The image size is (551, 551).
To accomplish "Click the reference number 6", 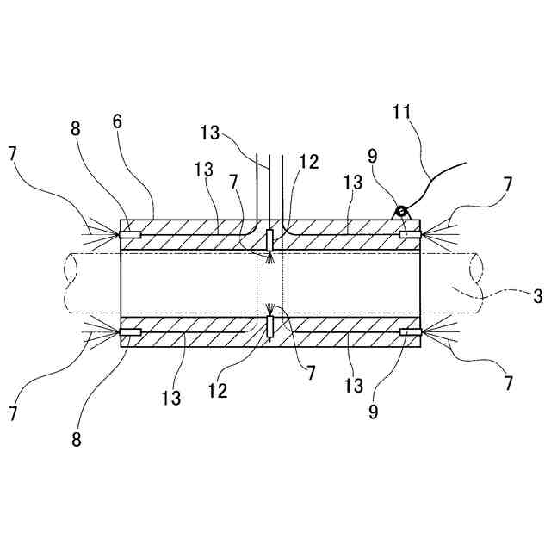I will click(x=117, y=121).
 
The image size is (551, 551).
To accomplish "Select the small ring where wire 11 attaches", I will click(x=400, y=212).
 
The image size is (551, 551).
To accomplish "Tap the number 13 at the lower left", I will click(x=171, y=399).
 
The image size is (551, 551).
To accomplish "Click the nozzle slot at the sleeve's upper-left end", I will click(x=131, y=235).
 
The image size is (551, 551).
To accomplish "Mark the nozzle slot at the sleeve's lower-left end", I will click(x=131, y=331).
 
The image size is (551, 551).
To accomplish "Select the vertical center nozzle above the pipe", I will click(x=270, y=240).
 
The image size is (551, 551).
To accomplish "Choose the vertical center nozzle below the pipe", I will click(x=270, y=326).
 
